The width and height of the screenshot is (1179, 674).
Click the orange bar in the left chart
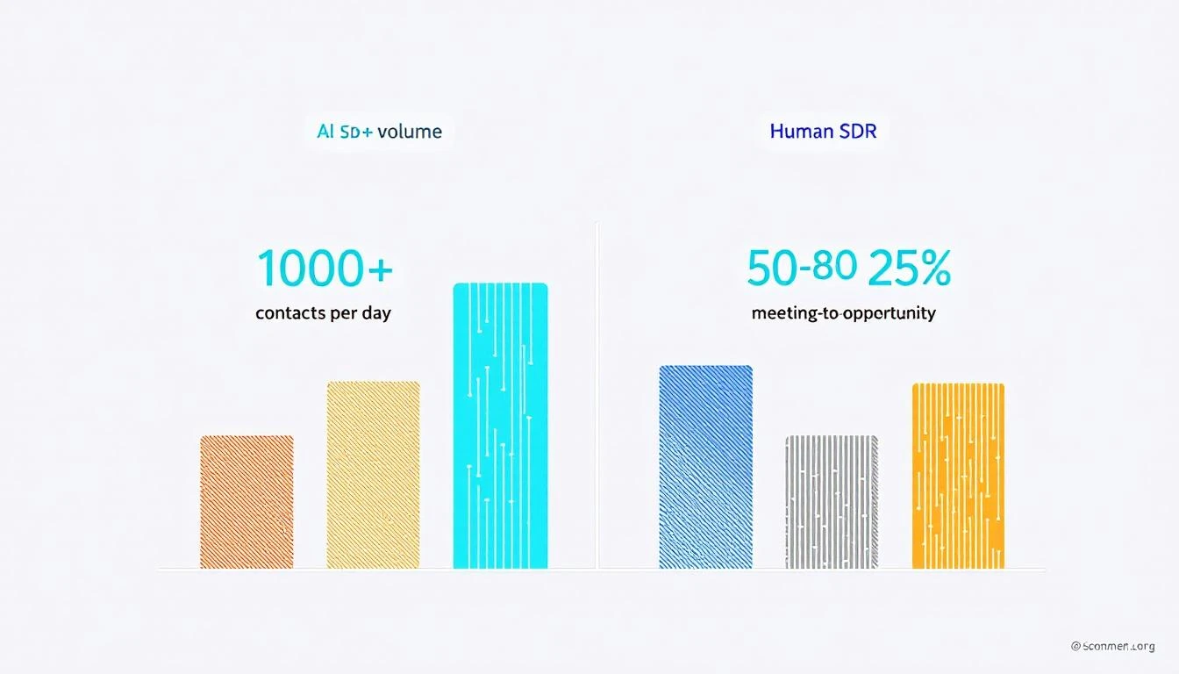[x=247, y=502]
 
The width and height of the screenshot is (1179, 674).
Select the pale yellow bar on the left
[x=373, y=475]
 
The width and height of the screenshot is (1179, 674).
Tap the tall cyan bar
[x=500, y=426]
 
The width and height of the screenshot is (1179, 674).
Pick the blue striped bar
[x=705, y=467]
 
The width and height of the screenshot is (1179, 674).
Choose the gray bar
[x=832, y=502]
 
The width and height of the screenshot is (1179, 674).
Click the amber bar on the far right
[x=958, y=476]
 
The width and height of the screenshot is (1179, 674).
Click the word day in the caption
[x=375, y=313]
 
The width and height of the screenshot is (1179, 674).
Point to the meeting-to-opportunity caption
[x=843, y=313]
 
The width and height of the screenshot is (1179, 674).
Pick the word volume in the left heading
[x=411, y=133]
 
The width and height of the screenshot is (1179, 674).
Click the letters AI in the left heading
[x=325, y=133]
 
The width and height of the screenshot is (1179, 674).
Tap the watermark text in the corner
[x=1112, y=646]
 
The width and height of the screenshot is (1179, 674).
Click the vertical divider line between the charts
[x=597, y=395]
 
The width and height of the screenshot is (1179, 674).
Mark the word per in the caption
[x=343, y=314]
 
